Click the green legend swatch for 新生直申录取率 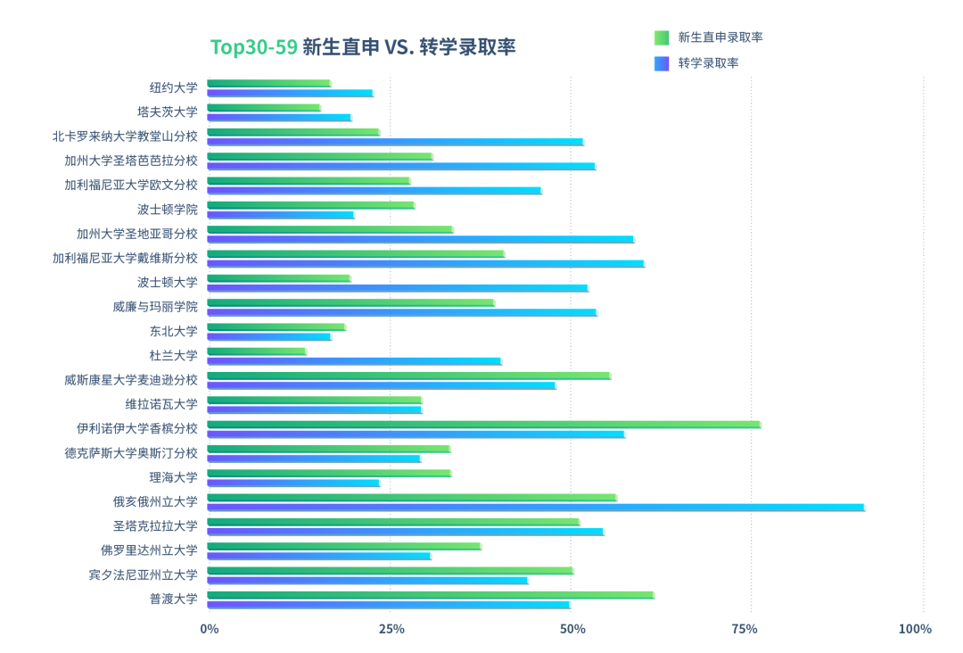(x=662, y=37)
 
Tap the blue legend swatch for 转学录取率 (x=662, y=63)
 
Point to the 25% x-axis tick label (x=391, y=629)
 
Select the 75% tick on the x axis (x=745, y=629)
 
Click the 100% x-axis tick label (x=915, y=629)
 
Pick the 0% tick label (x=210, y=629)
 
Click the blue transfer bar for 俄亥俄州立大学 (x=535, y=508)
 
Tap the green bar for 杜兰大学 (x=257, y=351)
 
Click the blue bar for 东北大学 (x=268, y=336)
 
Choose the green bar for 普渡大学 (x=430, y=595)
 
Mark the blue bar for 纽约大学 (x=290, y=93)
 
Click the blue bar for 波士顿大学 (x=397, y=288)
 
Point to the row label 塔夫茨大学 (x=168, y=112)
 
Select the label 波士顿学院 (x=168, y=210)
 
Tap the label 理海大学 (x=174, y=477)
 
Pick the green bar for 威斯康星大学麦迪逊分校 (x=408, y=376)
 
